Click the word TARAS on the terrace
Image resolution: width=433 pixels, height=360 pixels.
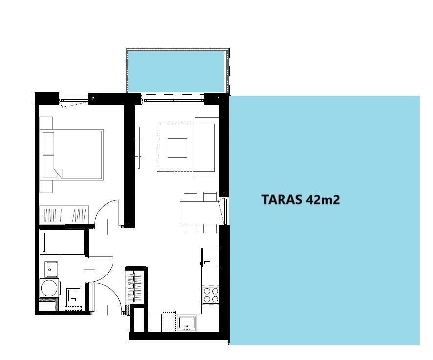282,199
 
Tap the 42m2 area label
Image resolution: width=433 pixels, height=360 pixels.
323,199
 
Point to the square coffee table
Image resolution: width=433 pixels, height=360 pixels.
177,148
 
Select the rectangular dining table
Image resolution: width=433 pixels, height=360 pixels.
200,212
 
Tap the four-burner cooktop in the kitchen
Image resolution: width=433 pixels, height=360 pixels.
211,295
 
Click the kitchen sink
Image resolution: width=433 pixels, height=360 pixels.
187,323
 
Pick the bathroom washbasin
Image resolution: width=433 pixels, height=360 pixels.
52,269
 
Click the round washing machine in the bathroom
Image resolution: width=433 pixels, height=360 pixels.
49,288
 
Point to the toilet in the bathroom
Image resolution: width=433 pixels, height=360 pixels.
74,297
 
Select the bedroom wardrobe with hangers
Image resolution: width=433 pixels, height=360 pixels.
64,215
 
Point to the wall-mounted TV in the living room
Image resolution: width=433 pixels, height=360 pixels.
139,148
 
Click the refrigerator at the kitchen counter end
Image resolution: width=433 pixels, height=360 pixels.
211,257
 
